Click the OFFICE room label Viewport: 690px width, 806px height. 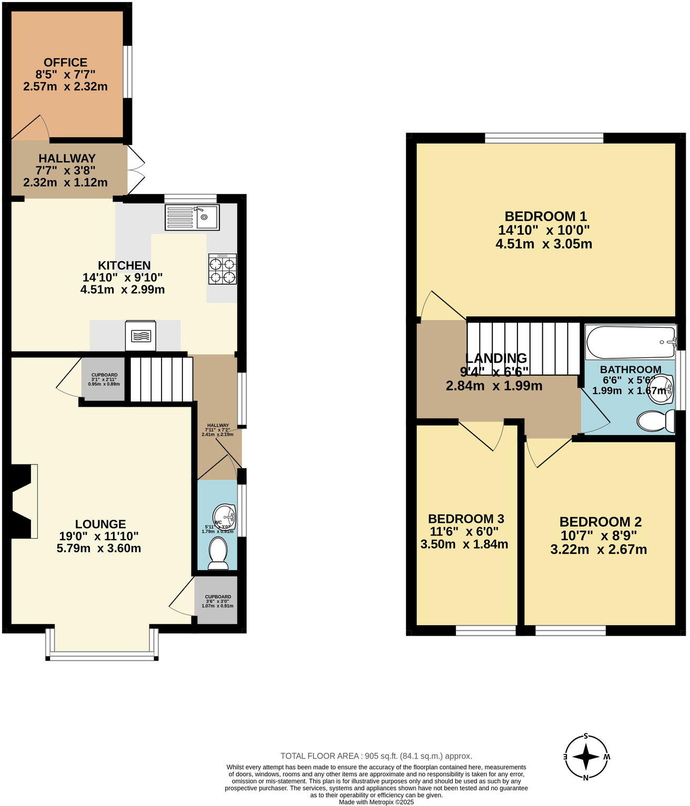(65, 63)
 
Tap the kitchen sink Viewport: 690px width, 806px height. (192, 218)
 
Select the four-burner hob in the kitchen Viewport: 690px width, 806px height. (222, 269)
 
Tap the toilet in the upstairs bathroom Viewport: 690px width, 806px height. (655, 421)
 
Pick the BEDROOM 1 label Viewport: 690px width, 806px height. (545, 216)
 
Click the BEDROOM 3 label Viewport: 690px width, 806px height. (465, 519)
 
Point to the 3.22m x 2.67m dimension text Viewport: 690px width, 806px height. (598, 550)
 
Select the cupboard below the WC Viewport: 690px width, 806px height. (218, 601)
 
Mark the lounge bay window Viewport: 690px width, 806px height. (102, 644)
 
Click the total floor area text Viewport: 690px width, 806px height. (376, 756)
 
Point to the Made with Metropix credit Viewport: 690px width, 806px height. (376, 802)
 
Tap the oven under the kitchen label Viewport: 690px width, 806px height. (140, 336)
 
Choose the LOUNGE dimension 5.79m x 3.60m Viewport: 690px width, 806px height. (98, 549)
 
